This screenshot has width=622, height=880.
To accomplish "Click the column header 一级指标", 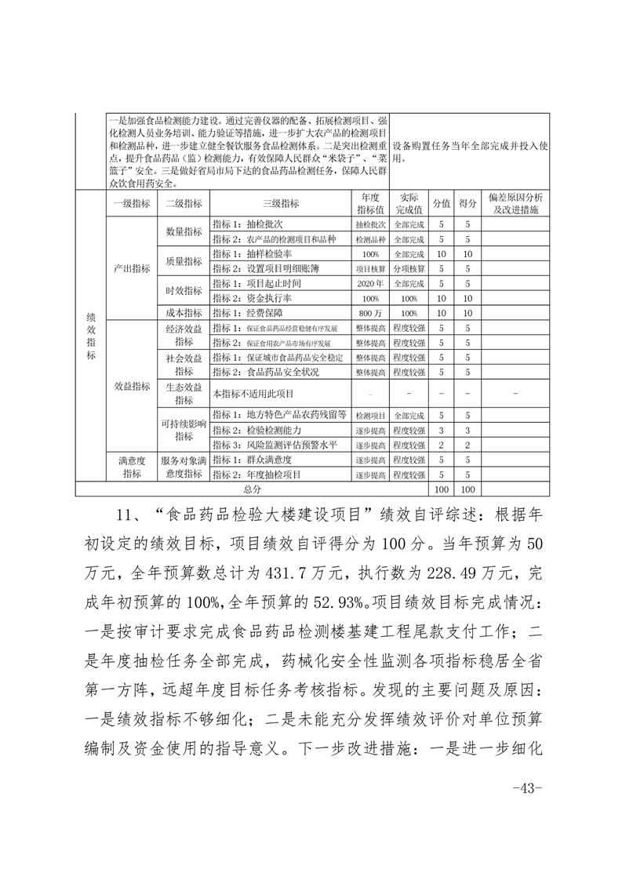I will pyautogui.click(x=131, y=203).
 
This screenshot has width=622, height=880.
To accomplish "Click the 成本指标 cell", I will pyautogui.click(x=184, y=312).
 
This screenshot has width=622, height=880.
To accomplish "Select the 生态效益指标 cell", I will pyautogui.click(x=184, y=393).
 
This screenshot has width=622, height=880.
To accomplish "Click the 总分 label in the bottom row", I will pyautogui.click(x=252, y=489).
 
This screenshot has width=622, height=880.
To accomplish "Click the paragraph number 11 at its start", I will pyautogui.click(x=125, y=514).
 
